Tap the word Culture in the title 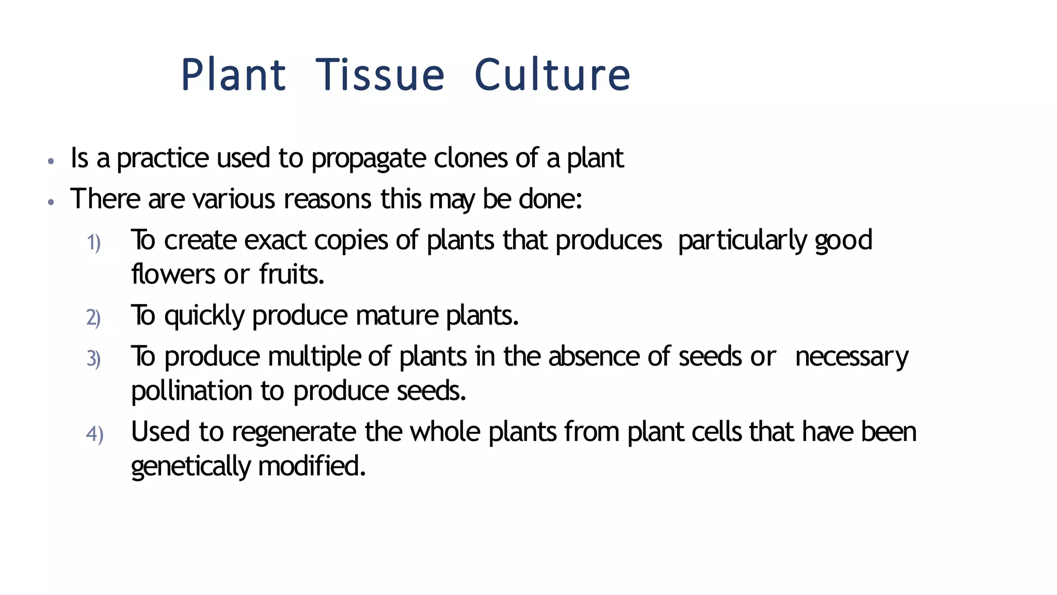pyautogui.click(x=552, y=75)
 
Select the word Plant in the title pyautogui.click(x=233, y=75)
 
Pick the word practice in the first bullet pyautogui.click(x=163, y=159)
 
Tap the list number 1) pyautogui.click(x=93, y=243)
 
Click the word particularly pyautogui.click(x=742, y=241)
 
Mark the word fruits pyautogui.click(x=292, y=274)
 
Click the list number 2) pyautogui.click(x=93, y=318)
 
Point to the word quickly pyautogui.click(x=204, y=316)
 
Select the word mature pyautogui.click(x=397, y=316)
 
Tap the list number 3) pyautogui.click(x=93, y=359)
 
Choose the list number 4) pyautogui.click(x=94, y=434)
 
